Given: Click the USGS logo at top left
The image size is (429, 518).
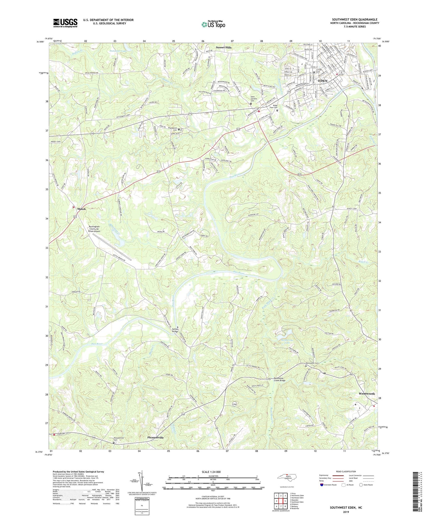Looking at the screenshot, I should pos(65,23).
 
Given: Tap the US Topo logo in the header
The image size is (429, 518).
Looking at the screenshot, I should pos(213,24).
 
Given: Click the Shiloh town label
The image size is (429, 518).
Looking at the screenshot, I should pos(81,209).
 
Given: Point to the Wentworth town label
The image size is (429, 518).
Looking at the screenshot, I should pos(367,394).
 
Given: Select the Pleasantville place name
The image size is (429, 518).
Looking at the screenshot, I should pos(156,438).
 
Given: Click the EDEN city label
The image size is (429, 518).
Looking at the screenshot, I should pos(323,81).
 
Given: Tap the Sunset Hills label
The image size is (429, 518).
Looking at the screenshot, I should pos(224,47).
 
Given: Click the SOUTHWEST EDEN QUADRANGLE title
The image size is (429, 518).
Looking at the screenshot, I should pos(355,20).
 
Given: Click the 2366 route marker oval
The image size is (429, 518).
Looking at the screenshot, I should pos(235,404).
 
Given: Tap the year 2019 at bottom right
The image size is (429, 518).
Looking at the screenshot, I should pos(346,512).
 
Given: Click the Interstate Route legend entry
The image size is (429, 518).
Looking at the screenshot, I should pos(328,485).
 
